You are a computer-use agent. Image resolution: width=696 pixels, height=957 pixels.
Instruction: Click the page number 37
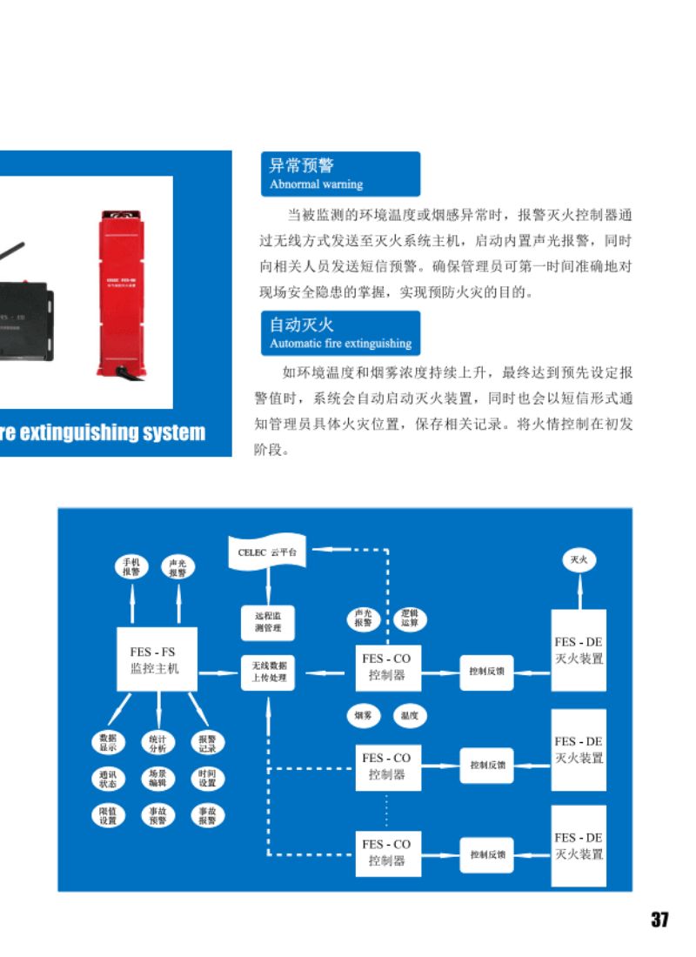point(659,920)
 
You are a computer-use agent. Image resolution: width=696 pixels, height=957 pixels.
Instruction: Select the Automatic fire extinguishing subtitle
point(340,344)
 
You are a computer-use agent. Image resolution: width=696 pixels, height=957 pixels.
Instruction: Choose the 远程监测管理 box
point(268,621)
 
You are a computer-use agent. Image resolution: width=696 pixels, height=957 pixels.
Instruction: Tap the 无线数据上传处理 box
point(268,672)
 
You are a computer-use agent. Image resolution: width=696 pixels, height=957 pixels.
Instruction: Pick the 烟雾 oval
point(363,715)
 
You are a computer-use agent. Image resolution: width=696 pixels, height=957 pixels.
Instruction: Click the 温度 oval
point(410,715)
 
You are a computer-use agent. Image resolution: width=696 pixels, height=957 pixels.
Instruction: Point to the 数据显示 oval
point(108,741)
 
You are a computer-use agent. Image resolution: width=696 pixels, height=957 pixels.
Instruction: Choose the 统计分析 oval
point(157,742)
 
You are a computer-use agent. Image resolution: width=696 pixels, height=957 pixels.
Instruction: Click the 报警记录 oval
point(207,742)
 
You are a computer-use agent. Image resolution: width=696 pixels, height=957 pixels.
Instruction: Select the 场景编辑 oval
point(157,778)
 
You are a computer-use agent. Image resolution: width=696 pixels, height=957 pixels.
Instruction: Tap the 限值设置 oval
point(108,815)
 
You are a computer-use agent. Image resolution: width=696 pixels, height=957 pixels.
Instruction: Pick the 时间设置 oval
point(207,778)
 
